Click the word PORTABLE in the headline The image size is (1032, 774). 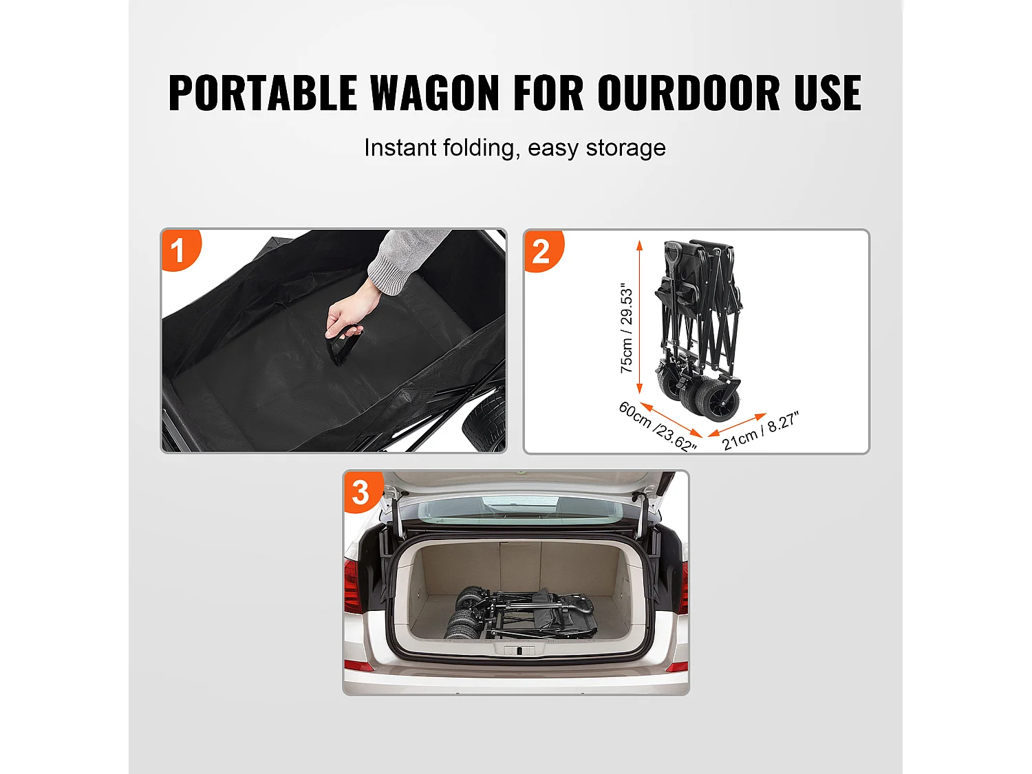point(263,94)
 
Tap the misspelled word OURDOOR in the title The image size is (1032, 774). point(689,94)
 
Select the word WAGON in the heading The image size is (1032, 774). point(435,94)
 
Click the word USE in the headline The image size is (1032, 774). point(827,94)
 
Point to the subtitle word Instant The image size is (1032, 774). point(400,148)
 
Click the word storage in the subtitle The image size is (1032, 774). point(625,148)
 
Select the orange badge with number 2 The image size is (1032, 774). point(541,251)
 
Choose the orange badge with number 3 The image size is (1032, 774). point(361,492)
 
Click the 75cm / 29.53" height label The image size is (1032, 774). point(626,328)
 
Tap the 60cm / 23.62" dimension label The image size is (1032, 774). point(657,427)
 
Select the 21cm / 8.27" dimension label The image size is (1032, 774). point(760,431)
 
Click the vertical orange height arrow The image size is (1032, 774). point(639,316)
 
